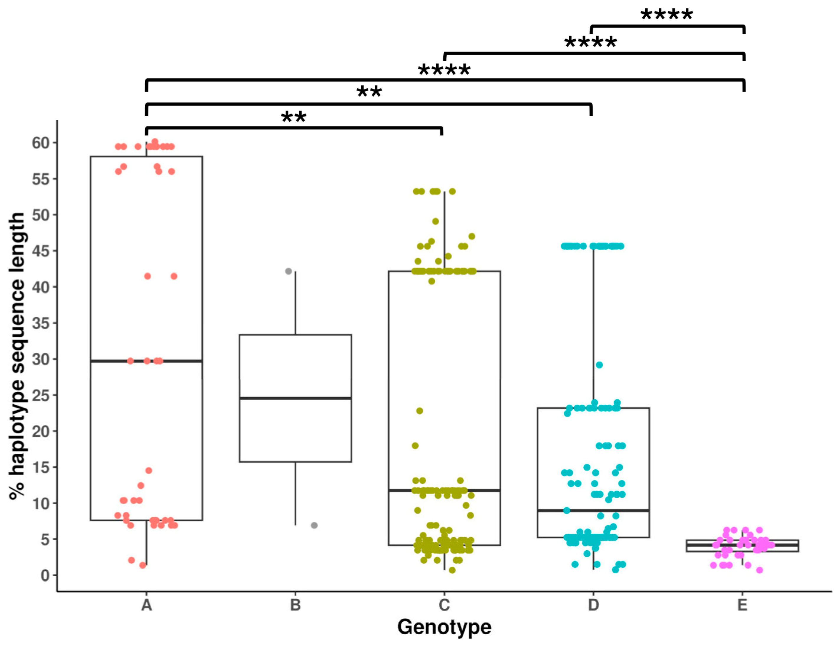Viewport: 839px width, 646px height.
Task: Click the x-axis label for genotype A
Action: click(x=146, y=605)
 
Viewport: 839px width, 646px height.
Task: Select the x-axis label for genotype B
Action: click(x=295, y=605)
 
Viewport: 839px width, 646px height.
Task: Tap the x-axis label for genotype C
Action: click(x=444, y=605)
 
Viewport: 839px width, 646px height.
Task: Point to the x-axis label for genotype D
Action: click(x=593, y=605)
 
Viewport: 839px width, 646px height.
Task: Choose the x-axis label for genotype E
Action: click(x=742, y=605)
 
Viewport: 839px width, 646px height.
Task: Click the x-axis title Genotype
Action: click(x=444, y=627)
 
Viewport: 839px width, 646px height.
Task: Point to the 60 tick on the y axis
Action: click(x=41, y=143)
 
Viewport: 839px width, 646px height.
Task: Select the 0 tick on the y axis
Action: click(x=45, y=575)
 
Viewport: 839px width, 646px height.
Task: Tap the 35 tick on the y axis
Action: click(x=41, y=323)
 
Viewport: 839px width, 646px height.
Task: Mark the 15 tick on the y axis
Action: click(x=41, y=467)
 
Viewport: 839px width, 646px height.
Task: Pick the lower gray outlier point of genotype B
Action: click(x=314, y=525)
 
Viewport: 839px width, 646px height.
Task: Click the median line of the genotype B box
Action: click(x=295, y=398)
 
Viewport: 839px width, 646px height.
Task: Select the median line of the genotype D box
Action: click(x=593, y=510)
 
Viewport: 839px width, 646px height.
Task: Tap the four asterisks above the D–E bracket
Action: click(x=667, y=15)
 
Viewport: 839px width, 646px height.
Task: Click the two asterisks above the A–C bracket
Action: click(x=294, y=117)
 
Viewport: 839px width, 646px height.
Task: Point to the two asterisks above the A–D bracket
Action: click(x=369, y=92)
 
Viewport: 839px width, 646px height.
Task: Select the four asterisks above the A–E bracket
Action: click(x=444, y=70)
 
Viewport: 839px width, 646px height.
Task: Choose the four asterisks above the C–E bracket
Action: click(x=591, y=43)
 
